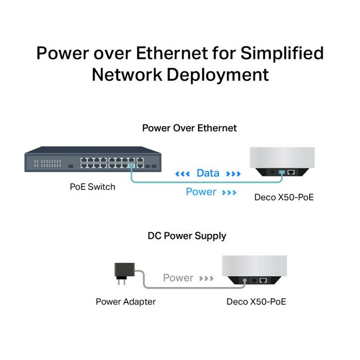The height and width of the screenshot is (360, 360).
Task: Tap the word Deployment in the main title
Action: pos(218,75)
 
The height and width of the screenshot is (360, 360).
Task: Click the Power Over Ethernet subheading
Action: pos(189,128)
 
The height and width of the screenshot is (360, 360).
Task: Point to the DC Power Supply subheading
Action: pos(187,236)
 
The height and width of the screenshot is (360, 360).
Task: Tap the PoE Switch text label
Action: pos(93,187)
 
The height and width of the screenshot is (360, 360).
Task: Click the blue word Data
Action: pos(208,173)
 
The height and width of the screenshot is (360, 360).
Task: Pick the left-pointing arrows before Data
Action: pos(183,174)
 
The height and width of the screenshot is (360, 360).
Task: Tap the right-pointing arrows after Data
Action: pos(233,174)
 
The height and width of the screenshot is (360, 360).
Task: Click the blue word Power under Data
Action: pos(201,192)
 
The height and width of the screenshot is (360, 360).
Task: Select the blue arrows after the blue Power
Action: pos(229,192)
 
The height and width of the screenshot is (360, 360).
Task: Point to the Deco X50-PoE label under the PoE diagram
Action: pos(284,197)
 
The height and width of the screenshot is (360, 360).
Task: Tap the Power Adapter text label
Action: pos(125,302)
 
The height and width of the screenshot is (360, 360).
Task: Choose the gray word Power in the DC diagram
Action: pos(178,278)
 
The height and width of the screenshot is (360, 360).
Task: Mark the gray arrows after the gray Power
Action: pos(206,279)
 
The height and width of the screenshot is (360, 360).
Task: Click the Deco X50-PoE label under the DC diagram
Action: pos(256,302)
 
